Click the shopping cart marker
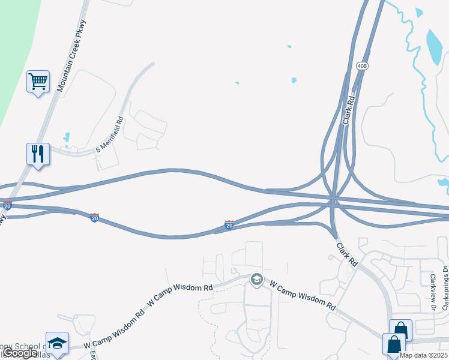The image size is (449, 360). coord(38,80)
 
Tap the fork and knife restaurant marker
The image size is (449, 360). coord(38,154)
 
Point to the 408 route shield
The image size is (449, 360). coord(361,65)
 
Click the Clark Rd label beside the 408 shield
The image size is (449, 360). coord(349,109)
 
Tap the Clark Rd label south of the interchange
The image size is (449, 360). coord(346,254)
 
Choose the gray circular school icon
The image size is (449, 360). coord(257,280)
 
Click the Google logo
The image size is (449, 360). coord(20,353)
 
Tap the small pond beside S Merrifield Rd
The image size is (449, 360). coord(66,137)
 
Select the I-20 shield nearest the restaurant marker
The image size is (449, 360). coord(7,205)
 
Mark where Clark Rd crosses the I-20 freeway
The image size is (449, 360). coord(333,200)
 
